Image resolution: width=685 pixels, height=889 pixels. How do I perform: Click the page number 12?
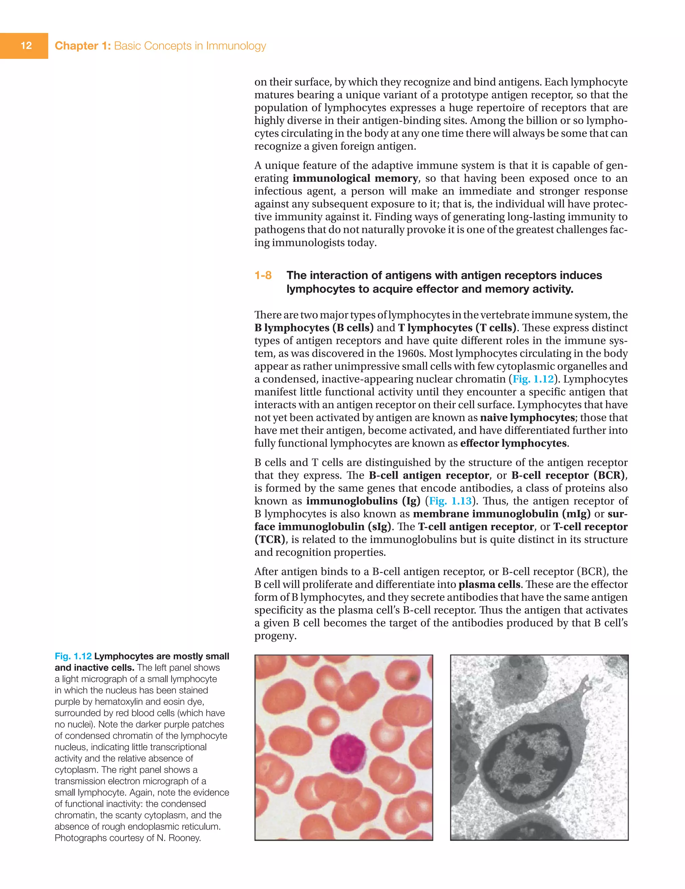coord(26,45)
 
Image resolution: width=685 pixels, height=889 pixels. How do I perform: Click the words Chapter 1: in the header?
coord(83,45)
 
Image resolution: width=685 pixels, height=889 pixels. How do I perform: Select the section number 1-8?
coord(263,275)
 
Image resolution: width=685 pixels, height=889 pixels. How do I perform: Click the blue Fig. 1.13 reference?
coord(450,501)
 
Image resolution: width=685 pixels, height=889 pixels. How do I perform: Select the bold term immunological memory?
coord(355,178)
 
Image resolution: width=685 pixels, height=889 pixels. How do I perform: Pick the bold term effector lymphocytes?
coord(513,443)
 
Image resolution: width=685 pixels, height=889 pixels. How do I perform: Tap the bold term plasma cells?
coord(489,584)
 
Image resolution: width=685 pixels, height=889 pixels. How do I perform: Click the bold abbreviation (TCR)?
coord(269,539)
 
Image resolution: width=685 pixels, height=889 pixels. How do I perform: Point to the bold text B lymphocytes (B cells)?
coord(314,328)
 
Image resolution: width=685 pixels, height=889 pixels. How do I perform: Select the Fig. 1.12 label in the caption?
coord(73,656)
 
